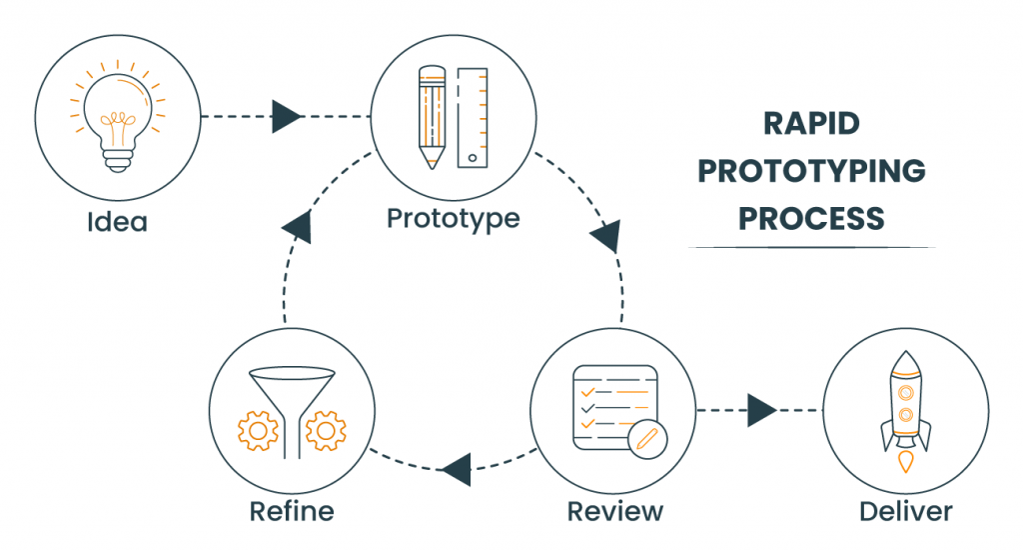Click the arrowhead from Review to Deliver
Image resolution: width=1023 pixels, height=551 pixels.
761,410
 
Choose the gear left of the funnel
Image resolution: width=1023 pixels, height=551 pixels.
257,430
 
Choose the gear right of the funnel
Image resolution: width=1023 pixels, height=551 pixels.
325,430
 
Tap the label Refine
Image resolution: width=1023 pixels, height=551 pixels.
291,512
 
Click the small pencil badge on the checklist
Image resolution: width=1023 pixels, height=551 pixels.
644,438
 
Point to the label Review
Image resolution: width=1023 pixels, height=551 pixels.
614,512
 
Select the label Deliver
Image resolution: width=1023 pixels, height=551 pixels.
905,512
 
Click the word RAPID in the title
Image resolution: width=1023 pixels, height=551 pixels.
811,124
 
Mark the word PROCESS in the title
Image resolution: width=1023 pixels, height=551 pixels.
811,218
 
